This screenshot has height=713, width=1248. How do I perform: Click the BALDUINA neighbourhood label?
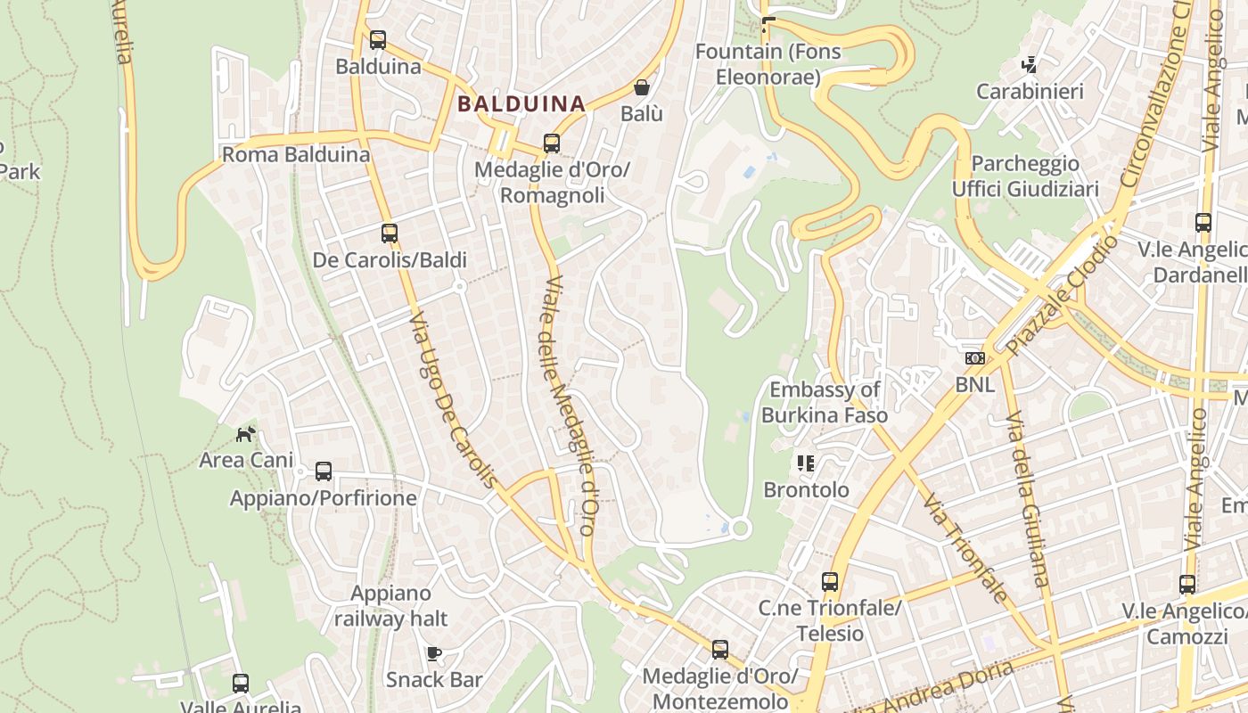coord(521,103)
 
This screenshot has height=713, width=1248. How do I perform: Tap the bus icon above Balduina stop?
coord(378,40)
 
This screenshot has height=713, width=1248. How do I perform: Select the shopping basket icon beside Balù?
coord(641,87)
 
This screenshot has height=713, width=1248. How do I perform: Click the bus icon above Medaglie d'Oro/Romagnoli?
coord(552,143)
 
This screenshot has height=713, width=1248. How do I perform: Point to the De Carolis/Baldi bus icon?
coord(390,234)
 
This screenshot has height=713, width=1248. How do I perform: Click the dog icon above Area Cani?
coord(245,434)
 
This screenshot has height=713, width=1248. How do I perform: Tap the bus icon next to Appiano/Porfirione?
coord(324,471)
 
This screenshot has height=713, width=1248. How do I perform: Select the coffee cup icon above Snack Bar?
coord(434,653)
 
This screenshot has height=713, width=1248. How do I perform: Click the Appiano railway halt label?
coord(390,605)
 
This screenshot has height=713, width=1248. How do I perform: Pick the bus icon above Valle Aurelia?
coord(241,684)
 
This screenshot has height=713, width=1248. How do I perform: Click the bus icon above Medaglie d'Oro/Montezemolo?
coord(719,650)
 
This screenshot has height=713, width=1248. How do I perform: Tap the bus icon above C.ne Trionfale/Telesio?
coord(830,582)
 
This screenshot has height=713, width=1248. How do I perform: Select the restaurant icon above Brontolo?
coord(806,463)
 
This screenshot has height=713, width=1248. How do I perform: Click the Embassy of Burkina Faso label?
coord(824,402)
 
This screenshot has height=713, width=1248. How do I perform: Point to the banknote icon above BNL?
coord(975,358)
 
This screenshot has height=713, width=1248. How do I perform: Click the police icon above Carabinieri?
coord(1030,64)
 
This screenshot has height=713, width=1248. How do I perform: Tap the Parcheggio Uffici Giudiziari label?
coord(1025,176)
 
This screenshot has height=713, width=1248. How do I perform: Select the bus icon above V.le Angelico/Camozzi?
coord(1187,585)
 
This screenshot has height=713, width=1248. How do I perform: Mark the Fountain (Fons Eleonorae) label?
coord(768,64)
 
